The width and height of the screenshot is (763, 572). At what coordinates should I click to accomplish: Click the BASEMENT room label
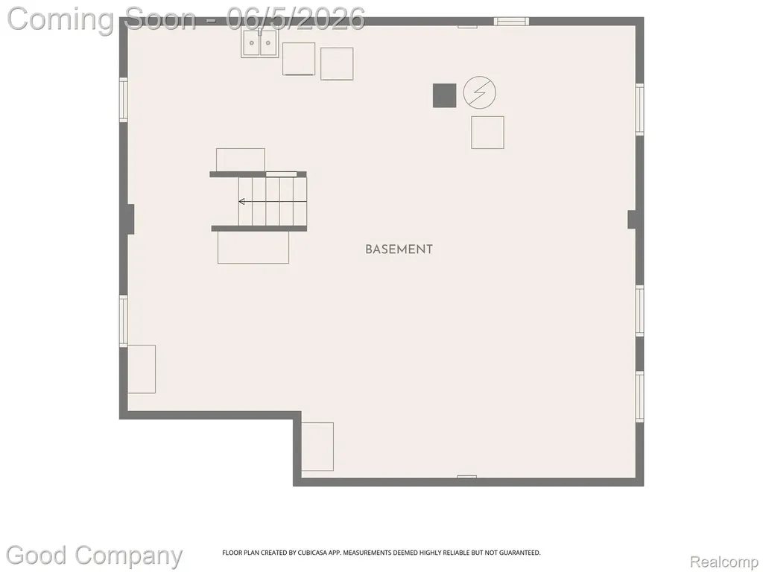click(x=399, y=250)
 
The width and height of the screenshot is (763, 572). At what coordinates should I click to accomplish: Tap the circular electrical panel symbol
click(x=479, y=92)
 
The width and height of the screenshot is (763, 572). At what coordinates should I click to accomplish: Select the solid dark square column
click(x=444, y=95)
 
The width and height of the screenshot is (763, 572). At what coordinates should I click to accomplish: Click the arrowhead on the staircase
click(x=241, y=201)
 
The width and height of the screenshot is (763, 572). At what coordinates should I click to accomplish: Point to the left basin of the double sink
click(x=252, y=42)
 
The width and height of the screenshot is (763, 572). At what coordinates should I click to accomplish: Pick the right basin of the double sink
click(x=268, y=42)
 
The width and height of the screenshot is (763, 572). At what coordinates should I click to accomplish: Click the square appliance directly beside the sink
click(x=298, y=59)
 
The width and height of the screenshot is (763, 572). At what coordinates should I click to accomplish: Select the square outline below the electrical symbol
click(x=487, y=133)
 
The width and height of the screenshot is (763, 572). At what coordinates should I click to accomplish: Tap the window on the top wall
click(x=511, y=21)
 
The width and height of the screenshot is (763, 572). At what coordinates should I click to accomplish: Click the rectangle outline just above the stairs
click(x=241, y=160)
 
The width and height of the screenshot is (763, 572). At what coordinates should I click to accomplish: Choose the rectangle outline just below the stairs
click(x=253, y=247)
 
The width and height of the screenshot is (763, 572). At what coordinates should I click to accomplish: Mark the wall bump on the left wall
click(x=130, y=220)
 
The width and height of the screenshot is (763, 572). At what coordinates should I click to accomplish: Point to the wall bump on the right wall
click(x=632, y=220)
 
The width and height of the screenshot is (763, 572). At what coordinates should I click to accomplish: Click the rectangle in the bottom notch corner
click(x=317, y=447)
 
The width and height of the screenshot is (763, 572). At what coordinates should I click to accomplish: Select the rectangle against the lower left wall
click(x=142, y=369)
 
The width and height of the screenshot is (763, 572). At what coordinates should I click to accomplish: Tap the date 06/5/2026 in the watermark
click(x=296, y=19)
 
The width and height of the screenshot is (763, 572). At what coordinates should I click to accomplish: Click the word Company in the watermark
click(x=128, y=556)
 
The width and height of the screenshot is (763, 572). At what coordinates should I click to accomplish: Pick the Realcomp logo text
click(x=724, y=562)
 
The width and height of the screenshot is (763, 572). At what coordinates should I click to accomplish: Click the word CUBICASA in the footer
click(x=316, y=553)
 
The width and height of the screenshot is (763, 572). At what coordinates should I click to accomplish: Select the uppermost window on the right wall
click(x=640, y=109)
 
